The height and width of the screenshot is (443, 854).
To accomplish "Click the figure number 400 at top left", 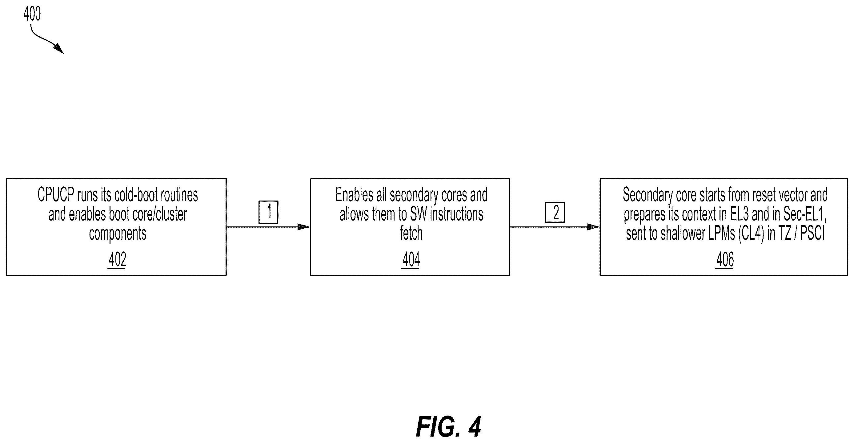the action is (x=32, y=14).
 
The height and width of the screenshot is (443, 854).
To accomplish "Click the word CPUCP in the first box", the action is (x=56, y=195).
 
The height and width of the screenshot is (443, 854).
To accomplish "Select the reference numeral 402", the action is (x=117, y=259).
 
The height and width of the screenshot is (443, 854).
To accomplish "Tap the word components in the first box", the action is (x=117, y=234).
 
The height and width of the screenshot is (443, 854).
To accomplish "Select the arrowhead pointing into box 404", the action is (x=304, y=227).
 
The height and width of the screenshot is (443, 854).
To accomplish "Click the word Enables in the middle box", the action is (x=354, y=195).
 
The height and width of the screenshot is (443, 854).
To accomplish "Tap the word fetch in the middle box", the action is (x=411, y=233).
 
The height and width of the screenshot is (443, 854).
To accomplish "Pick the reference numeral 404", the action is (x=411, y=259).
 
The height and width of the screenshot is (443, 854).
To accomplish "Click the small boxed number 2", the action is (x=555, y=212).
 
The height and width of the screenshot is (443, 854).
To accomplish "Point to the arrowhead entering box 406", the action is (x=593, y=227).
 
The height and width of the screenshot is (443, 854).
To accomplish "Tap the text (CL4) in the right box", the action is (x=751, y=234).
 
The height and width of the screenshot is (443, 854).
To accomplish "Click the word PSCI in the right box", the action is (x=812, y=233).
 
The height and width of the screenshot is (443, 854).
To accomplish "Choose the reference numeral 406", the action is (x=725, y=259).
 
